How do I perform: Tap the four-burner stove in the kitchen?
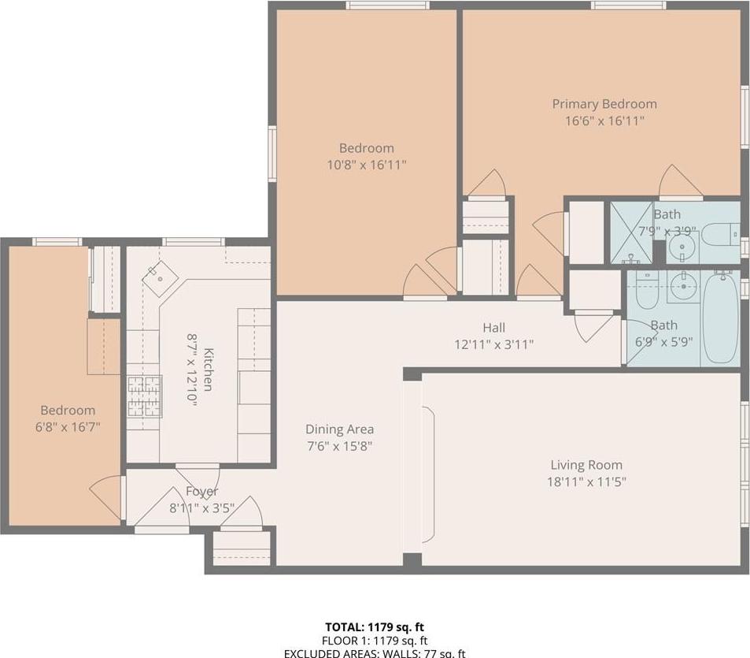145,396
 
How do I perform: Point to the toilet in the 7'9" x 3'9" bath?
718,236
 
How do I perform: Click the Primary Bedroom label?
604,104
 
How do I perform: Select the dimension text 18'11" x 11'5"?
588,482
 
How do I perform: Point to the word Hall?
493,328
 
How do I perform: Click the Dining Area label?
339,429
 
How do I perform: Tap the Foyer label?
201,492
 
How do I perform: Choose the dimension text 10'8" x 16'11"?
366,165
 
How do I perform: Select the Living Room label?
586,465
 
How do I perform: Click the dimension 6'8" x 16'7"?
68,427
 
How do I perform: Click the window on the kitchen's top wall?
193,242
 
